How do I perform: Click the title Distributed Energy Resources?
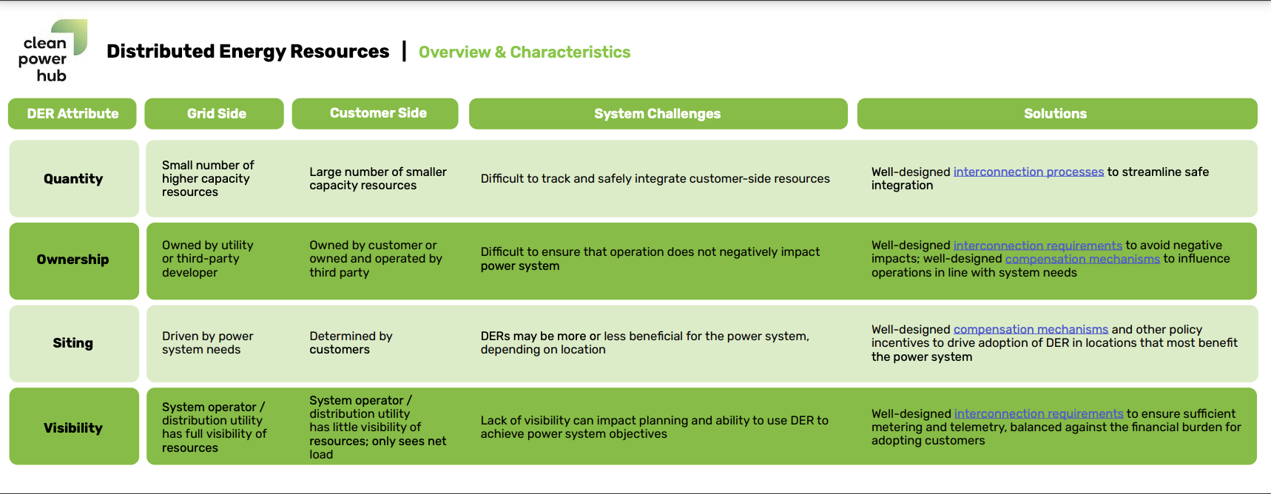tap(247, 51)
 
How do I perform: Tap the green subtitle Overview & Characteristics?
tap(524, 52)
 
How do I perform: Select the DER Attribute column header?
tap(73, 113)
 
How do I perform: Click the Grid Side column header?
tap(216, 113)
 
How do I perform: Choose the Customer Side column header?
tap(377, 113)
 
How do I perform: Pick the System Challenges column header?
tap(657, 113)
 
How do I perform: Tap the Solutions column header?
tap(1055, 113)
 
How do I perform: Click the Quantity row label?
tap(73, 178)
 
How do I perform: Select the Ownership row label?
tap(73, 260)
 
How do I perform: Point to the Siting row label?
tap(73, 342)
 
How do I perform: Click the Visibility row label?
tap(73, 427)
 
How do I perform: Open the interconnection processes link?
tap(1028, 172)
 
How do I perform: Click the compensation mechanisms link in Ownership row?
tap(1082, 259)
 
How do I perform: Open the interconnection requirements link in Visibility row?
tap(1038, 413)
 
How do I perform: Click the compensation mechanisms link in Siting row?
tap(1030, 329)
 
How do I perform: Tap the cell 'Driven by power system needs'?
tap(207, 342)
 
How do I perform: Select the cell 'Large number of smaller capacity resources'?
tap(377, 178)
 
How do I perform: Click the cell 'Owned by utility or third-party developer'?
tap(207, 259)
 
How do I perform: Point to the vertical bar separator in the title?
tap(404, 51)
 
